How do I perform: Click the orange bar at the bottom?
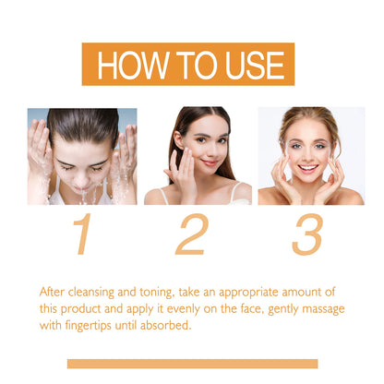coord(192,364)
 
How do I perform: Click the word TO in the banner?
coord(189,66)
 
